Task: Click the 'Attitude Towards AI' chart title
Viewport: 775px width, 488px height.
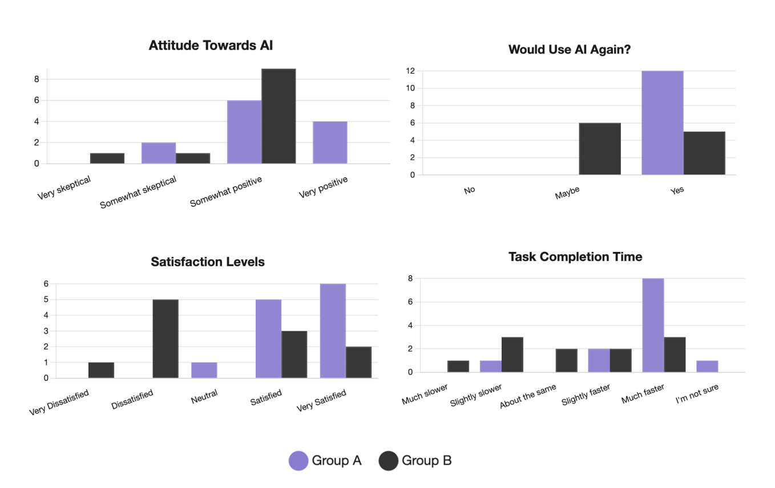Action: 211,46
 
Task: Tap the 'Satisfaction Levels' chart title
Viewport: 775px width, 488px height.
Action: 208,262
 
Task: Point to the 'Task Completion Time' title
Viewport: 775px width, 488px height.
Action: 575,257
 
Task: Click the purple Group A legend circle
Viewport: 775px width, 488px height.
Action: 298,461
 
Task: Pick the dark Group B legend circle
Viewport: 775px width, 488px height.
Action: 388,461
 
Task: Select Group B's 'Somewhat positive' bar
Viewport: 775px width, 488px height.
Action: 278,116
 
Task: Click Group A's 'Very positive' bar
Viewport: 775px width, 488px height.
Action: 330,143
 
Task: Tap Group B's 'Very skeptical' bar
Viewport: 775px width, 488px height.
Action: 107,158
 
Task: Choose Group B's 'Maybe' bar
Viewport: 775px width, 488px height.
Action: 600,149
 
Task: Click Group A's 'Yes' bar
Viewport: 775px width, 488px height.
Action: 662,123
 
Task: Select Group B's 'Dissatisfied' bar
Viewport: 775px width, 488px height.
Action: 166,339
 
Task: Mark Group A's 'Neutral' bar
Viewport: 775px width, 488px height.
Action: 204,370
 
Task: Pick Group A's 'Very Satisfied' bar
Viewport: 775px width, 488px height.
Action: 333,331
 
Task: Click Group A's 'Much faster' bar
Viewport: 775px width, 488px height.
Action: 653,325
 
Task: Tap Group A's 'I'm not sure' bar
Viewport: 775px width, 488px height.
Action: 707,366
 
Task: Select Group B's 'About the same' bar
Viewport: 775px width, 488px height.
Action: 566,360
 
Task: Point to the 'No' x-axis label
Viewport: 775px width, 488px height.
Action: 470,190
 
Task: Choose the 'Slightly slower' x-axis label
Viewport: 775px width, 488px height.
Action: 476,396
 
